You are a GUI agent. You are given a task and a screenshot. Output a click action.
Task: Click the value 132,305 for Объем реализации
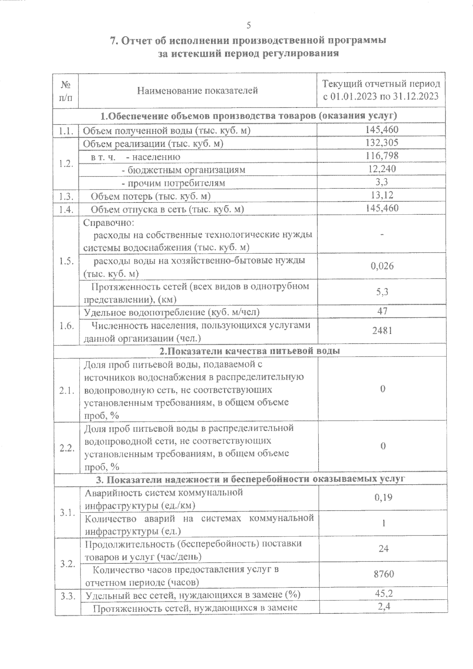(x=382, y=143)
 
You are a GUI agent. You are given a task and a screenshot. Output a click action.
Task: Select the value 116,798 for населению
(x=382, y=156)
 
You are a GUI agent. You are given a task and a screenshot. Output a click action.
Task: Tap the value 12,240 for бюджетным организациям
(x=382, y=169)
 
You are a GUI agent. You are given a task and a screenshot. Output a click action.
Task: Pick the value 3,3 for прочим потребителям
(x=382, y=182)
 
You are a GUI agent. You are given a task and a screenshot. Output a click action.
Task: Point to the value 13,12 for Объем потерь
(x=382, y=195)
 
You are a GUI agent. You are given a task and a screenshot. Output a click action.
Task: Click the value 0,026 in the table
(x=382, y=266)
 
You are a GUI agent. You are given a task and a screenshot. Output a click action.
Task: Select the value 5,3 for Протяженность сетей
(x=382, y=292)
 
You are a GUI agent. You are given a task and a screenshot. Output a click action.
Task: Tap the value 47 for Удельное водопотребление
(x=382, y=311)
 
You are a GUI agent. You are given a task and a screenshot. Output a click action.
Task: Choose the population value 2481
(x=382, y=331)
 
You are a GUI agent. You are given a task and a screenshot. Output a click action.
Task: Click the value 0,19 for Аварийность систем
(x=383, y=498)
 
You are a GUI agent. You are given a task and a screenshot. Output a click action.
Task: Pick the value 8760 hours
(x=384, y=574)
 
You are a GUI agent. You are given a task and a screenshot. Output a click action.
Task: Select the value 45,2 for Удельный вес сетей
(x=384, y=593)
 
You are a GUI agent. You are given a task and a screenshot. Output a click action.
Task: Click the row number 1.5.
(x=67, y=261)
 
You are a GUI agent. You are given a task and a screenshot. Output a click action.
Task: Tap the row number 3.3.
(x=68, y=596)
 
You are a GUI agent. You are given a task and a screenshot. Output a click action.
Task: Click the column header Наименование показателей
(x=197, y=91)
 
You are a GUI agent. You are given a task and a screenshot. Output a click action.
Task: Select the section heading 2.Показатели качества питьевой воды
(x=250, y=351)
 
